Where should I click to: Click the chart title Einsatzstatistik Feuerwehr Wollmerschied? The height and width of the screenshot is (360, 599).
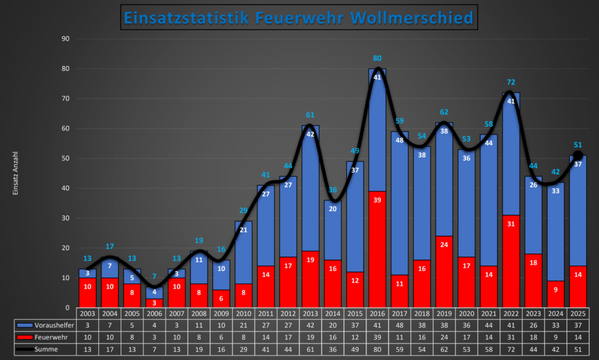(299, 18)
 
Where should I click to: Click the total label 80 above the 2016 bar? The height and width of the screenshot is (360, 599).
(377, 59)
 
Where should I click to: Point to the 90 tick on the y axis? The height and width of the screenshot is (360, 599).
(66, 39)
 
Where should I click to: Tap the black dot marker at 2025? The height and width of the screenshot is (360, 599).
(578, 155)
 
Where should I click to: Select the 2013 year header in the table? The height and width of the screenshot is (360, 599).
(310, 313)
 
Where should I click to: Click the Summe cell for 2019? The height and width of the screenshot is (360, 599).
(444, 349)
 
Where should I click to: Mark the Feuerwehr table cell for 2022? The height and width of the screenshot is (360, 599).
(511, 337)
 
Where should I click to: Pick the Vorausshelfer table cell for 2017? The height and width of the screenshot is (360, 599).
(400, 325)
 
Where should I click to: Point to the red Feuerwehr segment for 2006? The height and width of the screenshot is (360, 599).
(154, 303)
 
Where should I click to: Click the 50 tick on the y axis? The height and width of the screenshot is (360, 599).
(66, 158)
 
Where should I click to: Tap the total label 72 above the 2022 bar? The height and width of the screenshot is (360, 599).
(511, 83)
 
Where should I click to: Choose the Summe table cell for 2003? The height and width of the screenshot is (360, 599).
(87, 349)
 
